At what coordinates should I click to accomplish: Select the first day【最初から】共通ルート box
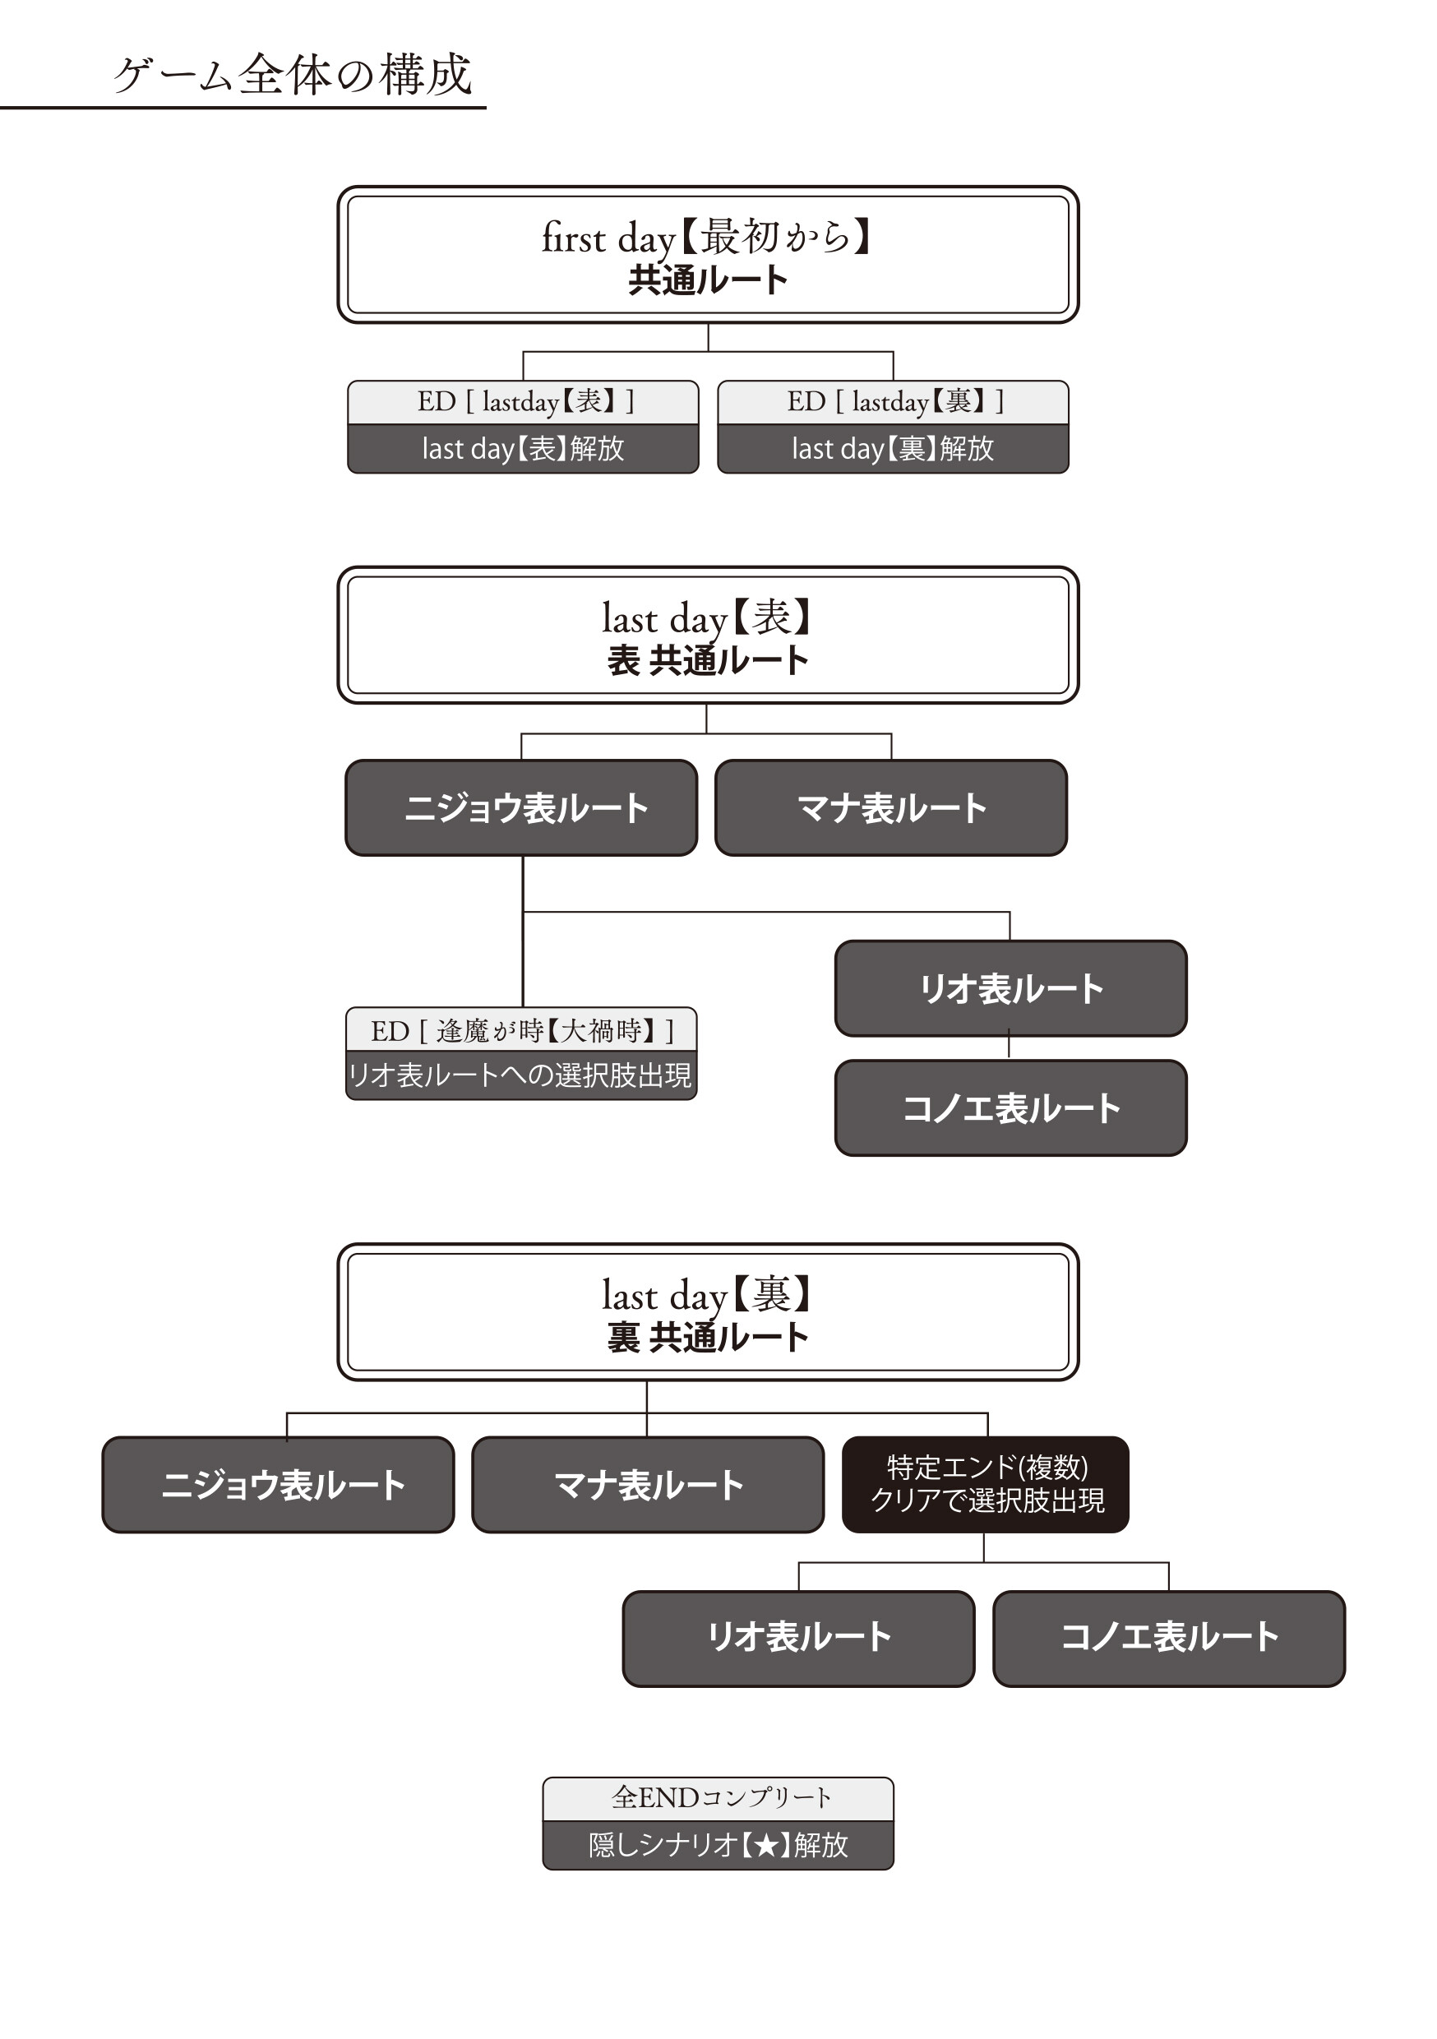coord(708,255)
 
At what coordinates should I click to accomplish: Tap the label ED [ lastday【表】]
coord(523,402)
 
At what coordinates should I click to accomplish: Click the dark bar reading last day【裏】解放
coord(893,448)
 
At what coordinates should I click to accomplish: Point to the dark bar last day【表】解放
coord(523,448)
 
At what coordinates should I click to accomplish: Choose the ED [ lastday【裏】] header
coord(893,402)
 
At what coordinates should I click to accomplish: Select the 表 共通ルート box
coord(708,636)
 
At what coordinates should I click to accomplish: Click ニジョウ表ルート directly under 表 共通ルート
coord(521,808)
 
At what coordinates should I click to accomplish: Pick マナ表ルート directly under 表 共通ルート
coord(891,808)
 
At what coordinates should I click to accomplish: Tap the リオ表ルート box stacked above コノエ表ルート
coord(1010,988)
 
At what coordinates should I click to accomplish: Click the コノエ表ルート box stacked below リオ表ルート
coord(1010,1108)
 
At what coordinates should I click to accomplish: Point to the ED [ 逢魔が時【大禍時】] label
coord(521,1031)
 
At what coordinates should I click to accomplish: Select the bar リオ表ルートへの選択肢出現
coord(521,1076)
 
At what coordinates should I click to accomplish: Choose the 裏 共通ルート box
coord(708,1312)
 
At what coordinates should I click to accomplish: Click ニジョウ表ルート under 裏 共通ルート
coord(278,1485)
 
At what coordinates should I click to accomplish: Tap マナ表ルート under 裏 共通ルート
coord(648,1485)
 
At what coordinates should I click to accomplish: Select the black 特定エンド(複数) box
coord(986,1484)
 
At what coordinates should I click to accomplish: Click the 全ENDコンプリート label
coord(718,1798)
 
